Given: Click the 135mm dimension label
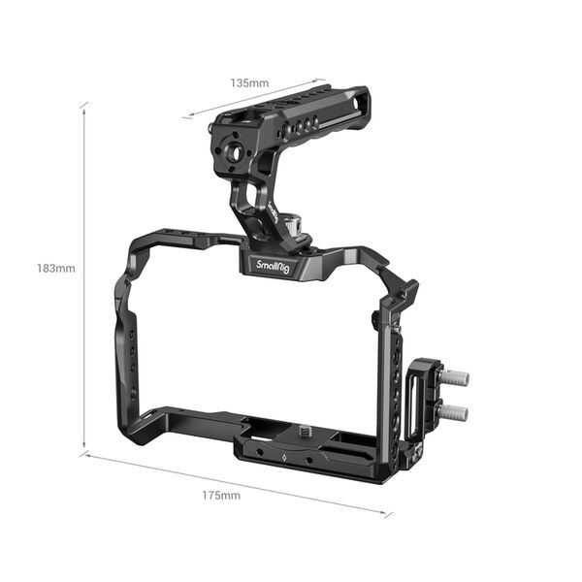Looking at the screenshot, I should tap(249, 82).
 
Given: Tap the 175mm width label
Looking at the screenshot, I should tap(221, 495).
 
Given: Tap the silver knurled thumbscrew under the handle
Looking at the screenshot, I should tap(292, 229).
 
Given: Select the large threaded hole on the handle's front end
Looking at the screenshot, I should tap(234, 149).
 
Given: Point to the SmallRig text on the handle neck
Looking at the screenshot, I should tap(275, 214).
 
